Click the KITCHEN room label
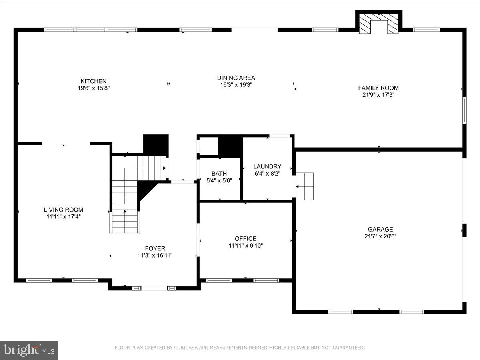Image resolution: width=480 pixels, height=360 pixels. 94,81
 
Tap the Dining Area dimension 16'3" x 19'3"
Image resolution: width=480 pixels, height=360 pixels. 236,85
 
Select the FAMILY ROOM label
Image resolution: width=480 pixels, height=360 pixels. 378,88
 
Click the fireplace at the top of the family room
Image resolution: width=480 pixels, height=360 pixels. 378,25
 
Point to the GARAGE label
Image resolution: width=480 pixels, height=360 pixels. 380,229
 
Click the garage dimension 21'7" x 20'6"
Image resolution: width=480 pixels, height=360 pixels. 380,236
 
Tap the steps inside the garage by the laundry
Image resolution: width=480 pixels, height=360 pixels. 305,186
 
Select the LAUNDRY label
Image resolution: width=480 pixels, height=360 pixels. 267,166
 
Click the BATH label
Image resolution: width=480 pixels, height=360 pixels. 219,174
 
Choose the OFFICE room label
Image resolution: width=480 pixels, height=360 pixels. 246,239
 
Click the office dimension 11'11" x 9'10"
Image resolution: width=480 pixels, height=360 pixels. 246,246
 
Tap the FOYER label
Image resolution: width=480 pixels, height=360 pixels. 155,248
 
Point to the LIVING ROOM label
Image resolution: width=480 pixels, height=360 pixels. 64,210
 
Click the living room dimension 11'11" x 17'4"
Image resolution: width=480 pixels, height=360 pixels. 64,216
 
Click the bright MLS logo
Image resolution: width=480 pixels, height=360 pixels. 29,350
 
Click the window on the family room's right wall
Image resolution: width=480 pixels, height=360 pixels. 464,110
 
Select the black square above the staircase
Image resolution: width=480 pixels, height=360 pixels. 156,144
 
